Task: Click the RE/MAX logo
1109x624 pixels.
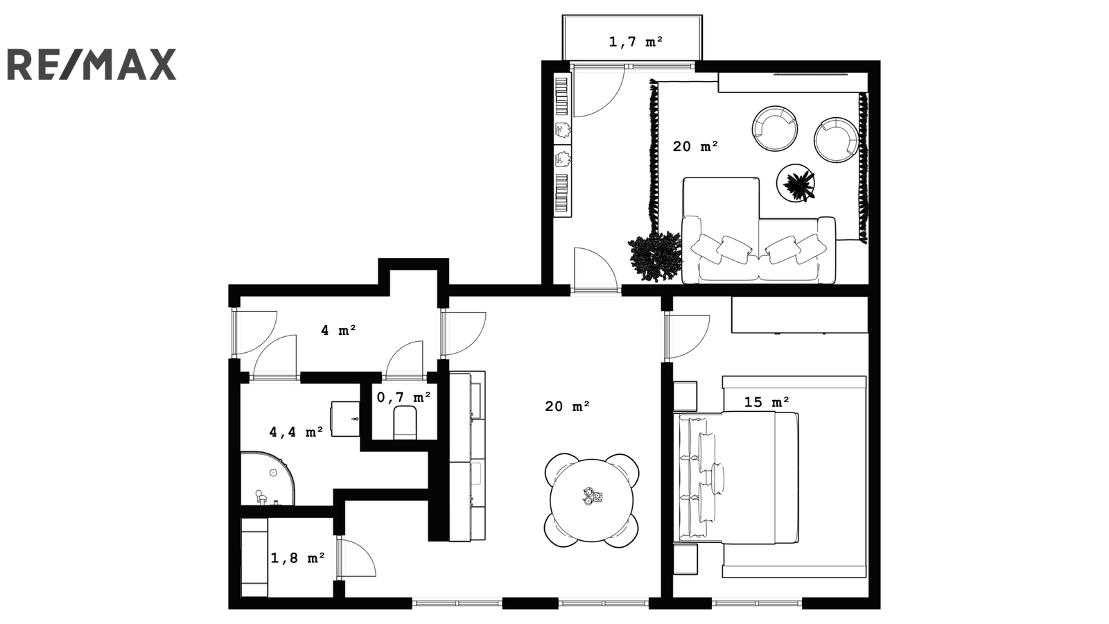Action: click(91, 64)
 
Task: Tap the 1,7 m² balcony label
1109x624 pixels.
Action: click(636, 42)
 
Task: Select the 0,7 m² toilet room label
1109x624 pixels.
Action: click(403, 397)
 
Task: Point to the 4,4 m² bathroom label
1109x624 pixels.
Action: click(296, 432)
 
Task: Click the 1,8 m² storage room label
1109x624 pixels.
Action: click(297, 558)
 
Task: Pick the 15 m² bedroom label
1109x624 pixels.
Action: click(767, 402)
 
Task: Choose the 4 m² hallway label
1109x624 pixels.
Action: click(339, 330)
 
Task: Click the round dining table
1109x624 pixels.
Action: click(592, 500)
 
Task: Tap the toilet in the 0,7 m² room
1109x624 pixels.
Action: click(405, 422)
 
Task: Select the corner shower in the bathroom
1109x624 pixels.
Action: click(268, 478)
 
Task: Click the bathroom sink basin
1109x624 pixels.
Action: click(345, 419)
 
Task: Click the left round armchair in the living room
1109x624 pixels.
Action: click(775, 128)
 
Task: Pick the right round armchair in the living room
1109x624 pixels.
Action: click(837, 139)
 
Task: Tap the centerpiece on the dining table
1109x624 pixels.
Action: click(592, 496)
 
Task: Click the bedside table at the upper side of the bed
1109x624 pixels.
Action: click(685, 396)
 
